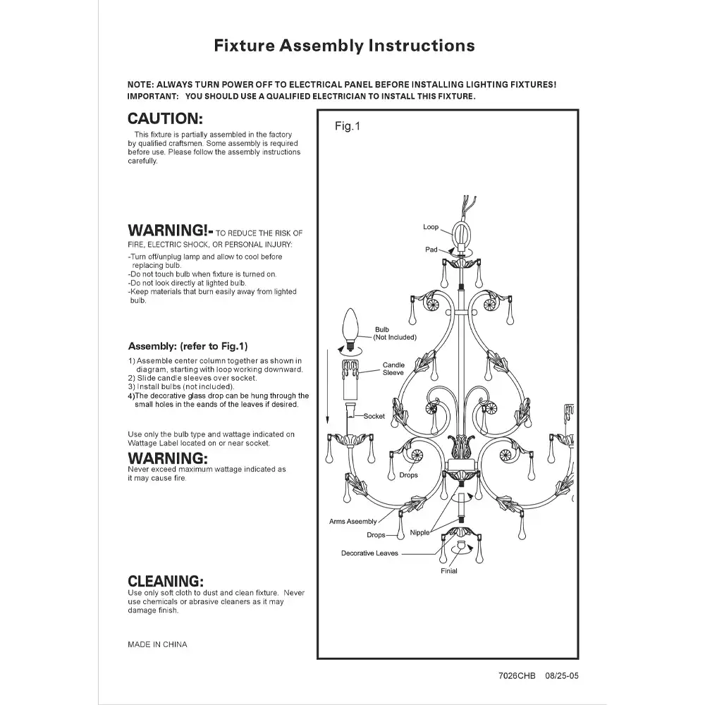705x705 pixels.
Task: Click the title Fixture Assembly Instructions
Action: [344, 46]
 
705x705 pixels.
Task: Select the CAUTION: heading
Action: [165, 119]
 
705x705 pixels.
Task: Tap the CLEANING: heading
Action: [166, 582]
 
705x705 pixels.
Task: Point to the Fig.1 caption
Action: [347, 127]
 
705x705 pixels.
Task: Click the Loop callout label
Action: [431, 227]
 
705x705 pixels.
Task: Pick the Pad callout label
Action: [431, 250]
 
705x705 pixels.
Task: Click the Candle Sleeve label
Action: [393, 369]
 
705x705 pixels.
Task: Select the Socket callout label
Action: [374, 416]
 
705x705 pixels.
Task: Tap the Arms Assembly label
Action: [353, 522]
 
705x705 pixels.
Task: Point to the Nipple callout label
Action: [419, 533]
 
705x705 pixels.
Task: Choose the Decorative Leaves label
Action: [369, 553]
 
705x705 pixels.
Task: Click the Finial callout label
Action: [449, 571]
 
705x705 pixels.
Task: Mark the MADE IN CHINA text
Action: [157, 644]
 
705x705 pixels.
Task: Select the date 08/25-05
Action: [562, 675]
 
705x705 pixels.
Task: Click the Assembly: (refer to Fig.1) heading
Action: [188, 347]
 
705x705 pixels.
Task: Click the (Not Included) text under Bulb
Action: [395, 338]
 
